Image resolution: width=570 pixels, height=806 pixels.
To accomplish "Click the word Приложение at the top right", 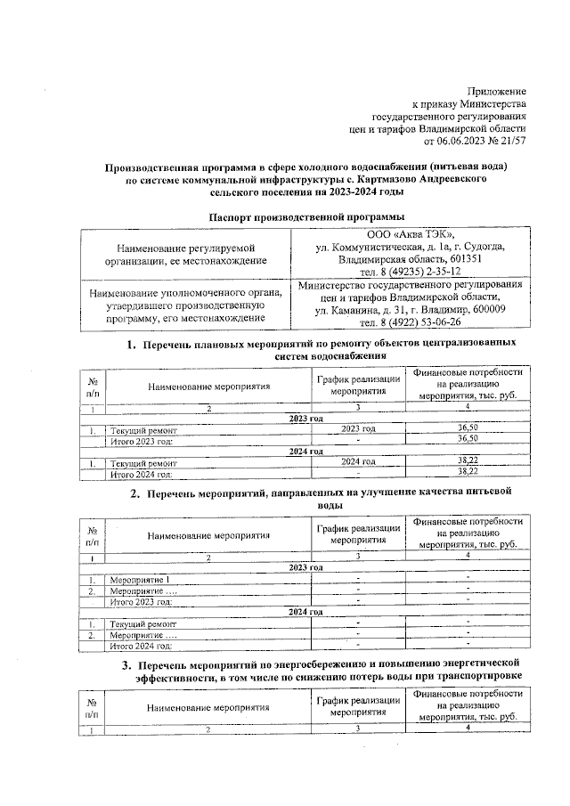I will click(496, 92).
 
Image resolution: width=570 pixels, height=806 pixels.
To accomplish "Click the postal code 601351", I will click(461, 258).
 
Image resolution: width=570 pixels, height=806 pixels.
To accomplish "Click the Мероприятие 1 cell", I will click(140, 580).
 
